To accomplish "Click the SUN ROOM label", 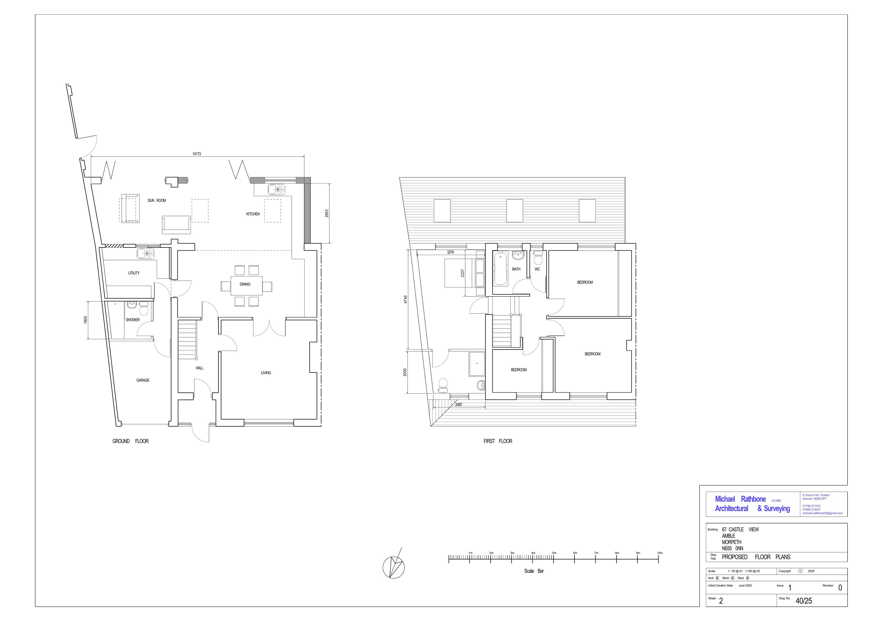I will pyautogui.click(x=157, y=200).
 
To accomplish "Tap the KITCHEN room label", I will pyautogui.click(x=253, y=214).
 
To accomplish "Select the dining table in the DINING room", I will pyautogui.click(x=246, y=285).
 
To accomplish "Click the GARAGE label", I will pyautogui.click(x=143, y=380).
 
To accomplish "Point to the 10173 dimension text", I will pyautogui.click(x=196, y=154).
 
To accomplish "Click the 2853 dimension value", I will pyautogui.click(x=327, y=213).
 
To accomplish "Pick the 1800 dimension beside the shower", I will pyautogui.click(x=86, y=320).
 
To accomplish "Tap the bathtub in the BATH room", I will pyautogui.click(x=500, y=269).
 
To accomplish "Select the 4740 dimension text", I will pyautogui.click(x=405, y=299).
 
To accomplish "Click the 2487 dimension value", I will pyautogui.click(x=458, y=405).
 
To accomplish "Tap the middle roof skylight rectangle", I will pyautogui.click(x=514, y=211).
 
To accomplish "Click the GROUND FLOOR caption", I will pyautogui.click(x=130, y=441).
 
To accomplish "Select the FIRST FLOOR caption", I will pyautogui.click(x=497, y=441).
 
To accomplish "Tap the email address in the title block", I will pyautogui.click(x=822, y=513).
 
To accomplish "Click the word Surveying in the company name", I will pyautogui.click(x=776, y=508).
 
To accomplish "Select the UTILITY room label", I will pyautogui.click(x=134, y=273).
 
